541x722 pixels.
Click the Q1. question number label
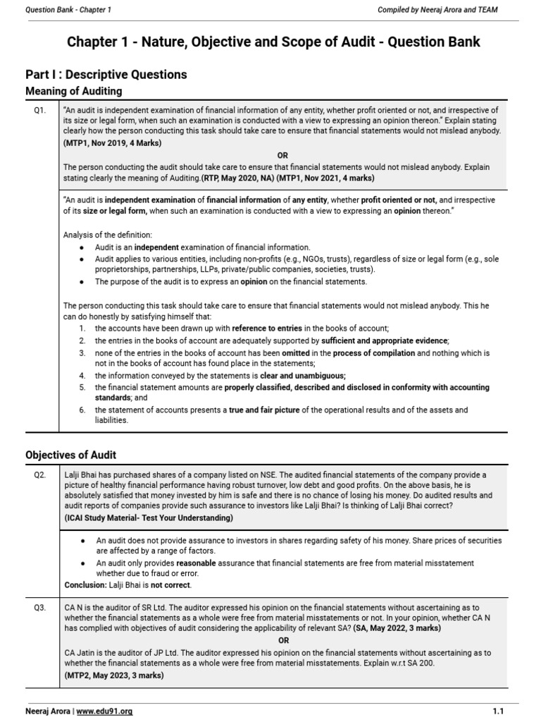[x=40, y=111]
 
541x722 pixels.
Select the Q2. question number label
[x=40, y=476]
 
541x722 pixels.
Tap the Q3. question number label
[x=40, y=608]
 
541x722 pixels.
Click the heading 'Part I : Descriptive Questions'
[x=106, y=75]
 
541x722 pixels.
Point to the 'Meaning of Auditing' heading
[x=73, y=91]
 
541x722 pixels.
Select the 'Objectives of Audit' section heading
[x=70, y=455]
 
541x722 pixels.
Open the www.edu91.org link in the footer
[x=104, y=711]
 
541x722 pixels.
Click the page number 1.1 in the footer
[x=499, y=711]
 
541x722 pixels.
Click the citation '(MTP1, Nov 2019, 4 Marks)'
[x=112, y=142]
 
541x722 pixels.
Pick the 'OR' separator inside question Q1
[x=282, y=155]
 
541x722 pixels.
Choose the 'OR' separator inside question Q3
[x=282, y=640]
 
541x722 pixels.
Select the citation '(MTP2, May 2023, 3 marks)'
[x=113, y=675]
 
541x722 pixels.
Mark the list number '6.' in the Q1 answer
[x=82, y=410]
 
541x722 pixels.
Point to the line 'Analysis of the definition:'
[x=107, y=234]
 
